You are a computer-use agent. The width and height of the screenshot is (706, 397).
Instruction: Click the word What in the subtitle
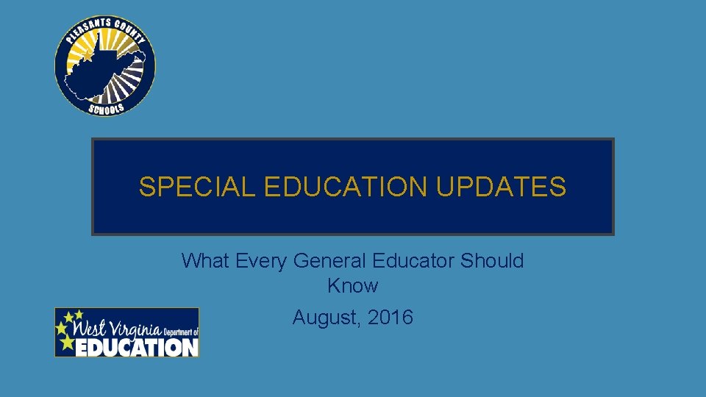[x=206, y=261]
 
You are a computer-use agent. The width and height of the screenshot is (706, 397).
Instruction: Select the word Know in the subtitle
[x=352, y=286]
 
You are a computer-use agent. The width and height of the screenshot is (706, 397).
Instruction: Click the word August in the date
[x=324, y=318]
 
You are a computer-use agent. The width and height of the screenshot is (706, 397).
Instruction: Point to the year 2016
[x=390, y=318]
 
